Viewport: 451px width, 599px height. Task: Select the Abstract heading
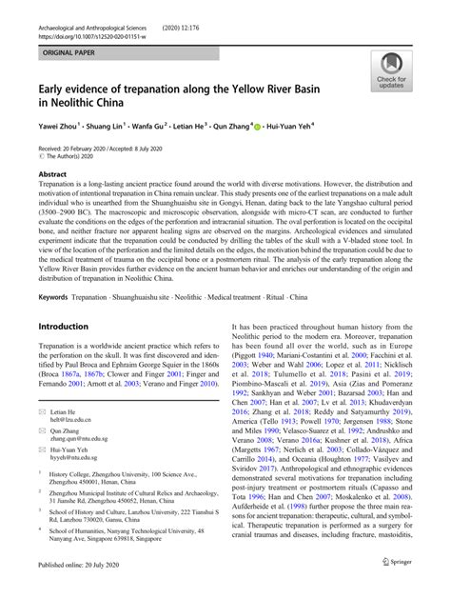(52, 176)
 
